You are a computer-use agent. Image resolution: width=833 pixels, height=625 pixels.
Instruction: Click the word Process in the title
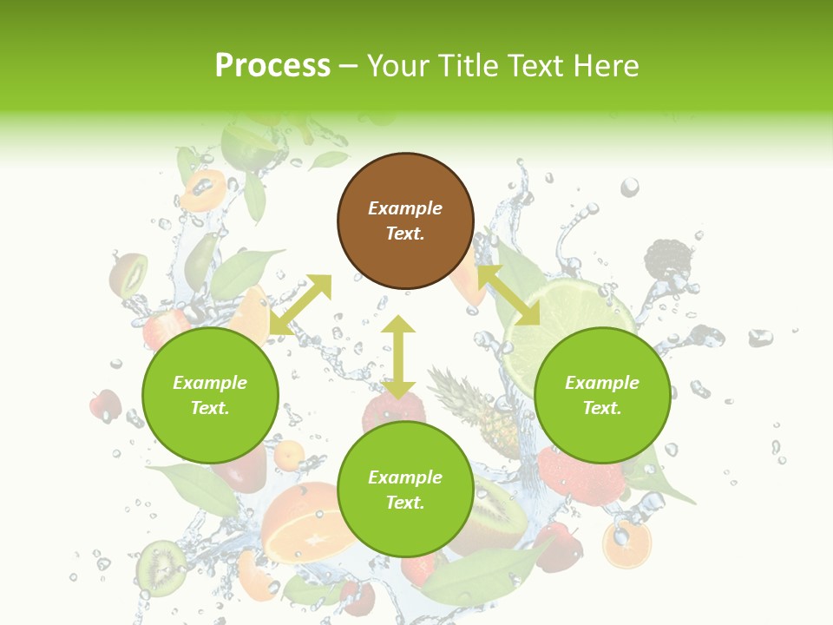[x=272, y=66]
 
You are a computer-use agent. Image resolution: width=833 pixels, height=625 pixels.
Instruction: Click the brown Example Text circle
[x=405, y=220]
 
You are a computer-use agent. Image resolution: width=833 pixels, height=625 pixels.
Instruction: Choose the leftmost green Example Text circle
[x=210, y=395]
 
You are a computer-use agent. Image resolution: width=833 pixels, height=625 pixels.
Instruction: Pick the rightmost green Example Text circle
[x=602, y=395]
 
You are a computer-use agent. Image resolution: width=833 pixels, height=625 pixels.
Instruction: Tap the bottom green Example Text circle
[x=405, y=490]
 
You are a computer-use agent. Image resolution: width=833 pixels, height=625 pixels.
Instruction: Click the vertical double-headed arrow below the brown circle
[x=398, y=357]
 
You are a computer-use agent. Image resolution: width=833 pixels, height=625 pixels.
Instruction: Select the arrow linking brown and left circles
[x=300, y=305]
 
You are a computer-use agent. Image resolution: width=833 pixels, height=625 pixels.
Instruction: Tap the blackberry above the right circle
[x=668, y=260]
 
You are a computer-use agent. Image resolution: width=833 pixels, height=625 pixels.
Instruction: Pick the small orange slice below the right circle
[x=626, y=544]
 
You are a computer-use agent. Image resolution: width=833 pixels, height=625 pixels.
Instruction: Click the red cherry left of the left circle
[x=106, y=404]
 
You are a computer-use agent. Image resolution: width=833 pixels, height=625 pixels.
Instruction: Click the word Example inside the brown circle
[x=405, y=208]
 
